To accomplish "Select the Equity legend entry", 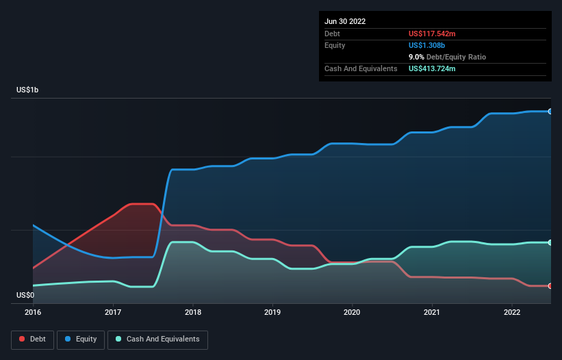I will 80,339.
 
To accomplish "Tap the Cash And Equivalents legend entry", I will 157,339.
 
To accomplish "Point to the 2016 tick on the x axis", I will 33,311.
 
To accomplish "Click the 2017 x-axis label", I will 113,311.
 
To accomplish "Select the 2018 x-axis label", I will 193,311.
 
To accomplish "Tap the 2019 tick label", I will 272,311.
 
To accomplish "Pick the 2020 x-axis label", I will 353,311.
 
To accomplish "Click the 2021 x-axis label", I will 432,311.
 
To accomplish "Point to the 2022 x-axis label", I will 512,311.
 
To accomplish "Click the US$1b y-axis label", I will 30,90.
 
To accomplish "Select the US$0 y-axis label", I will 25,296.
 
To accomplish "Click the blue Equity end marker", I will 550,111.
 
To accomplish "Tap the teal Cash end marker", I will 550,242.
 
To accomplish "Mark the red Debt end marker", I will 550,285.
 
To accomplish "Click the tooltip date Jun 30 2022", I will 345,21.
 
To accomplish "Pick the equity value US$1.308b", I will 426,45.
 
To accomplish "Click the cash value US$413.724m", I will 436,68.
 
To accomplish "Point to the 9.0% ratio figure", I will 418,57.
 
